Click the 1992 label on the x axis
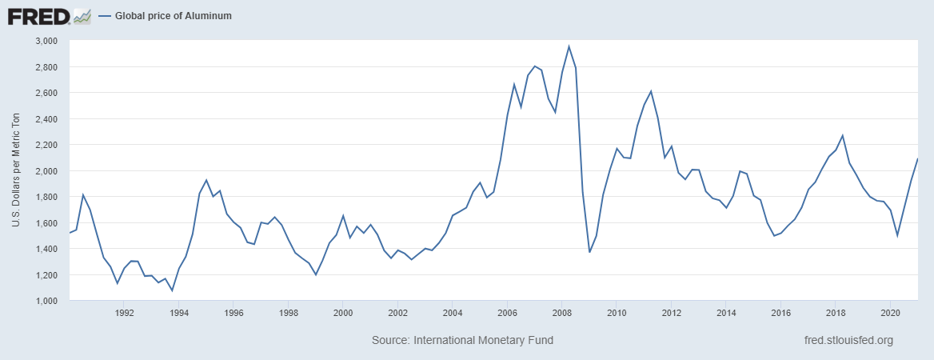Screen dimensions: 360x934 (124, 313)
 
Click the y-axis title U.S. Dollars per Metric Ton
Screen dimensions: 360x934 (16, 170)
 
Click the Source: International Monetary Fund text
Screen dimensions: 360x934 (462, 341)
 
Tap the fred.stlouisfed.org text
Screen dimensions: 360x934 (848, 341)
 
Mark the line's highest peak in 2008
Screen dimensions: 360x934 (569, 46)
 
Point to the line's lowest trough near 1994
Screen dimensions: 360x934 (172, 290)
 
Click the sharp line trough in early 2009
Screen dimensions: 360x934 (589, 252)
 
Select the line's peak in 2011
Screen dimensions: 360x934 (651, 91)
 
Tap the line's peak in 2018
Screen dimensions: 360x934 (842, 135)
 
